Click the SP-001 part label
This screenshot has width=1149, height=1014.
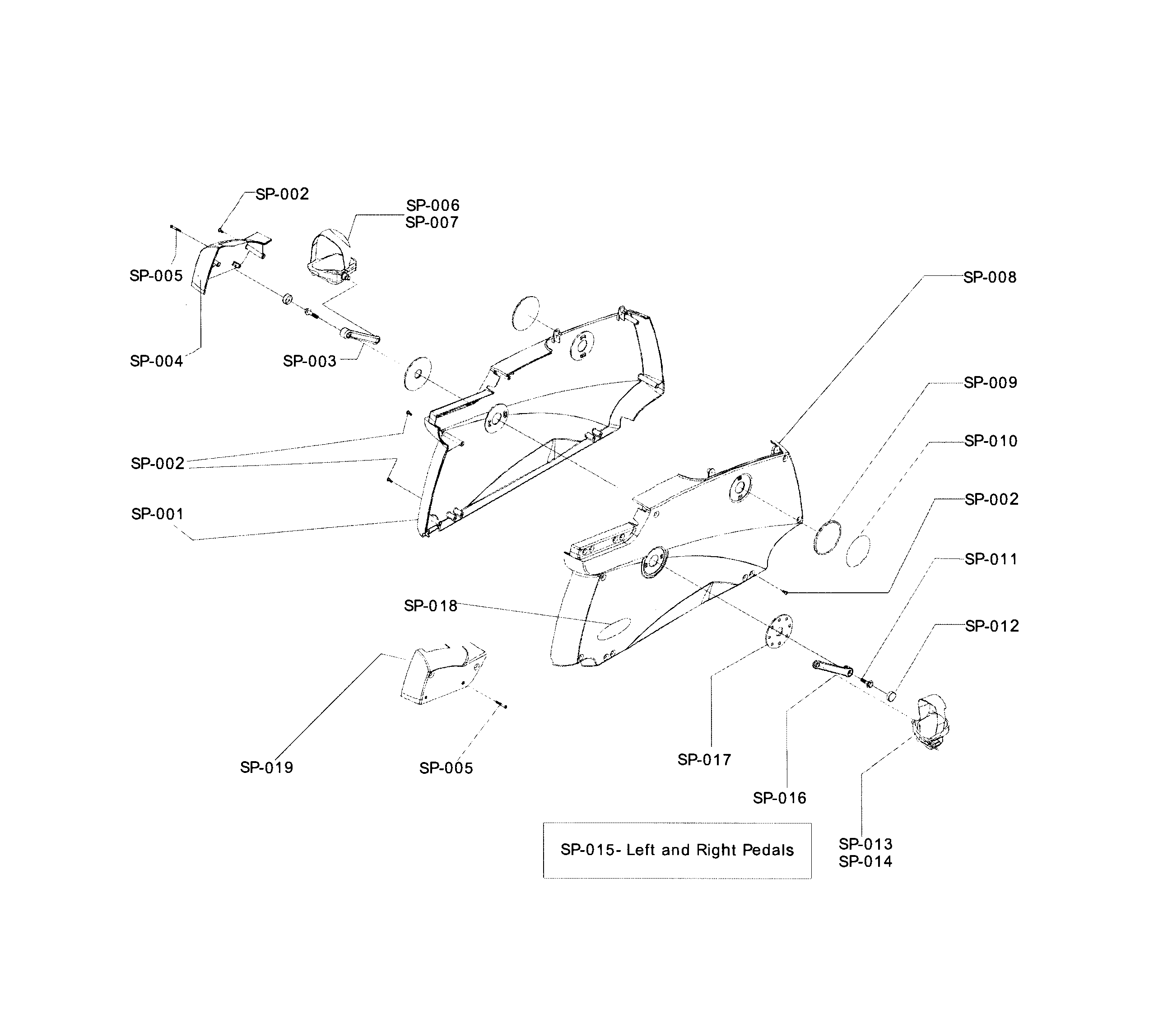point(158,514)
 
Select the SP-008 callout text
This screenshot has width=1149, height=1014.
point(990,277)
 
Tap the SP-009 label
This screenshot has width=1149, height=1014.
point(991,383)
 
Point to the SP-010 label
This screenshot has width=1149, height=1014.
point(991,441)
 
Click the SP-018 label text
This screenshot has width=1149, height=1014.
point(431,606)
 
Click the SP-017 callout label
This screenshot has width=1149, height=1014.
point(704,760)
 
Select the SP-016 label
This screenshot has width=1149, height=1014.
point(780,798)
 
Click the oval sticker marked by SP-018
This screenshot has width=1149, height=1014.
point(614,628)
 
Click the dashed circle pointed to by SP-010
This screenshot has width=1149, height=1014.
point(858,551)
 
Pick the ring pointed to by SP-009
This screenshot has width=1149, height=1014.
point(828,538)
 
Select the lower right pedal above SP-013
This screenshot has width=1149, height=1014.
point(932,722)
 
